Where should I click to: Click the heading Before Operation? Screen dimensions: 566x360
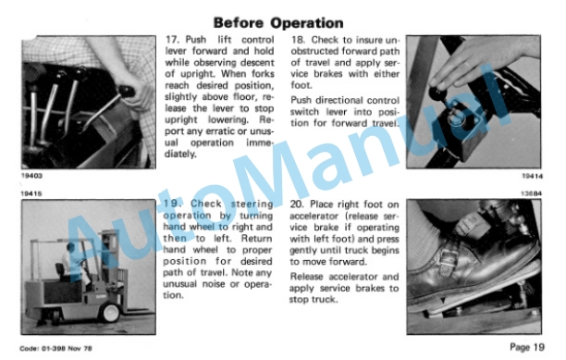click(278, 23)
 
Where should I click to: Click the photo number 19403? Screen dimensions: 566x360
click(31, 176)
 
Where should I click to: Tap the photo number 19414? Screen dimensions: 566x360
click(532, 176)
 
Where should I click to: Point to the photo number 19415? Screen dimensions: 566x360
click(31, 193)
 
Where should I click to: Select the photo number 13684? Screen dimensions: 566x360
click(532, 193)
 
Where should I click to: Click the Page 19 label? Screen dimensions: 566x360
click(527, 347)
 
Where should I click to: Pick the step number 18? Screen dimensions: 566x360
click(299, 40)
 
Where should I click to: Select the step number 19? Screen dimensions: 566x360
click(171, 204)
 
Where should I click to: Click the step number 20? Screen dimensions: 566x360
click(298, 205)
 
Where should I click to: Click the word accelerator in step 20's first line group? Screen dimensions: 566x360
click(314, 216)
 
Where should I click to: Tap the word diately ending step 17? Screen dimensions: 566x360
click(180, 155)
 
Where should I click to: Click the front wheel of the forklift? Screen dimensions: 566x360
click(109, 312)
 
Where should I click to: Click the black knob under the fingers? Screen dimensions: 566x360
click(437, 93)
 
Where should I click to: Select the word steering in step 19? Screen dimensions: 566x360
click(252, 204)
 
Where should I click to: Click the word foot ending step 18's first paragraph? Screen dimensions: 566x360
click(301, 85)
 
